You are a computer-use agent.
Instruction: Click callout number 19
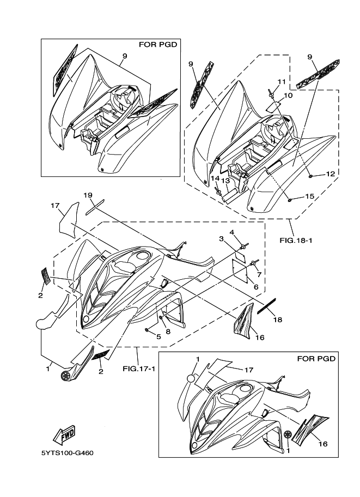[x=88, y=195]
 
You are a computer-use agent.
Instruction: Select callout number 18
[x=277, y=320]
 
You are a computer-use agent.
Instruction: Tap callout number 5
[x=158, y=336]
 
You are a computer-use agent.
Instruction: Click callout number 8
[x=168, y=331]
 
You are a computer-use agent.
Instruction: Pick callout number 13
[x=225, y=180]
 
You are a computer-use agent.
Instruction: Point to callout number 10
[x=288, y=95]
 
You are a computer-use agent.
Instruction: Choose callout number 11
[x=280, y=81]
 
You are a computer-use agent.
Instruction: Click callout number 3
[x=222, y=238]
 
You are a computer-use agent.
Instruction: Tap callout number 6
[x=255, y=287]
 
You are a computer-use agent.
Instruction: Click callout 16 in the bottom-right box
[x=322, y=444]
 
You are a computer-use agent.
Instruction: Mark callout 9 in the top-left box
[x=125, y=56]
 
